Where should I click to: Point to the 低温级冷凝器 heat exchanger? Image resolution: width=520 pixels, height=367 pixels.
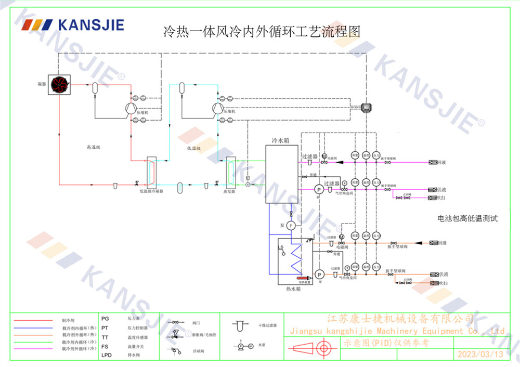(152, 171)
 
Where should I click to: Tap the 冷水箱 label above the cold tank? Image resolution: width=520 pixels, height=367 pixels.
(280, 141)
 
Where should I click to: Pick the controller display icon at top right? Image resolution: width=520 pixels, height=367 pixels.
(369, 108)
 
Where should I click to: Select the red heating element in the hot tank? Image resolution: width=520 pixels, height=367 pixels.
(302, 278)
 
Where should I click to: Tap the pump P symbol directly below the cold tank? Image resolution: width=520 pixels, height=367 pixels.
(291, 225)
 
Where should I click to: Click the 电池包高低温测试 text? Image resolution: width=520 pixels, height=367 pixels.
(467, 219)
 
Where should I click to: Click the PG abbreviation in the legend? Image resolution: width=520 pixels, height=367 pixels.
(105, 317)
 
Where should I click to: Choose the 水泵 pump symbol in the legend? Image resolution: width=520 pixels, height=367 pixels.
(240, 345)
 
